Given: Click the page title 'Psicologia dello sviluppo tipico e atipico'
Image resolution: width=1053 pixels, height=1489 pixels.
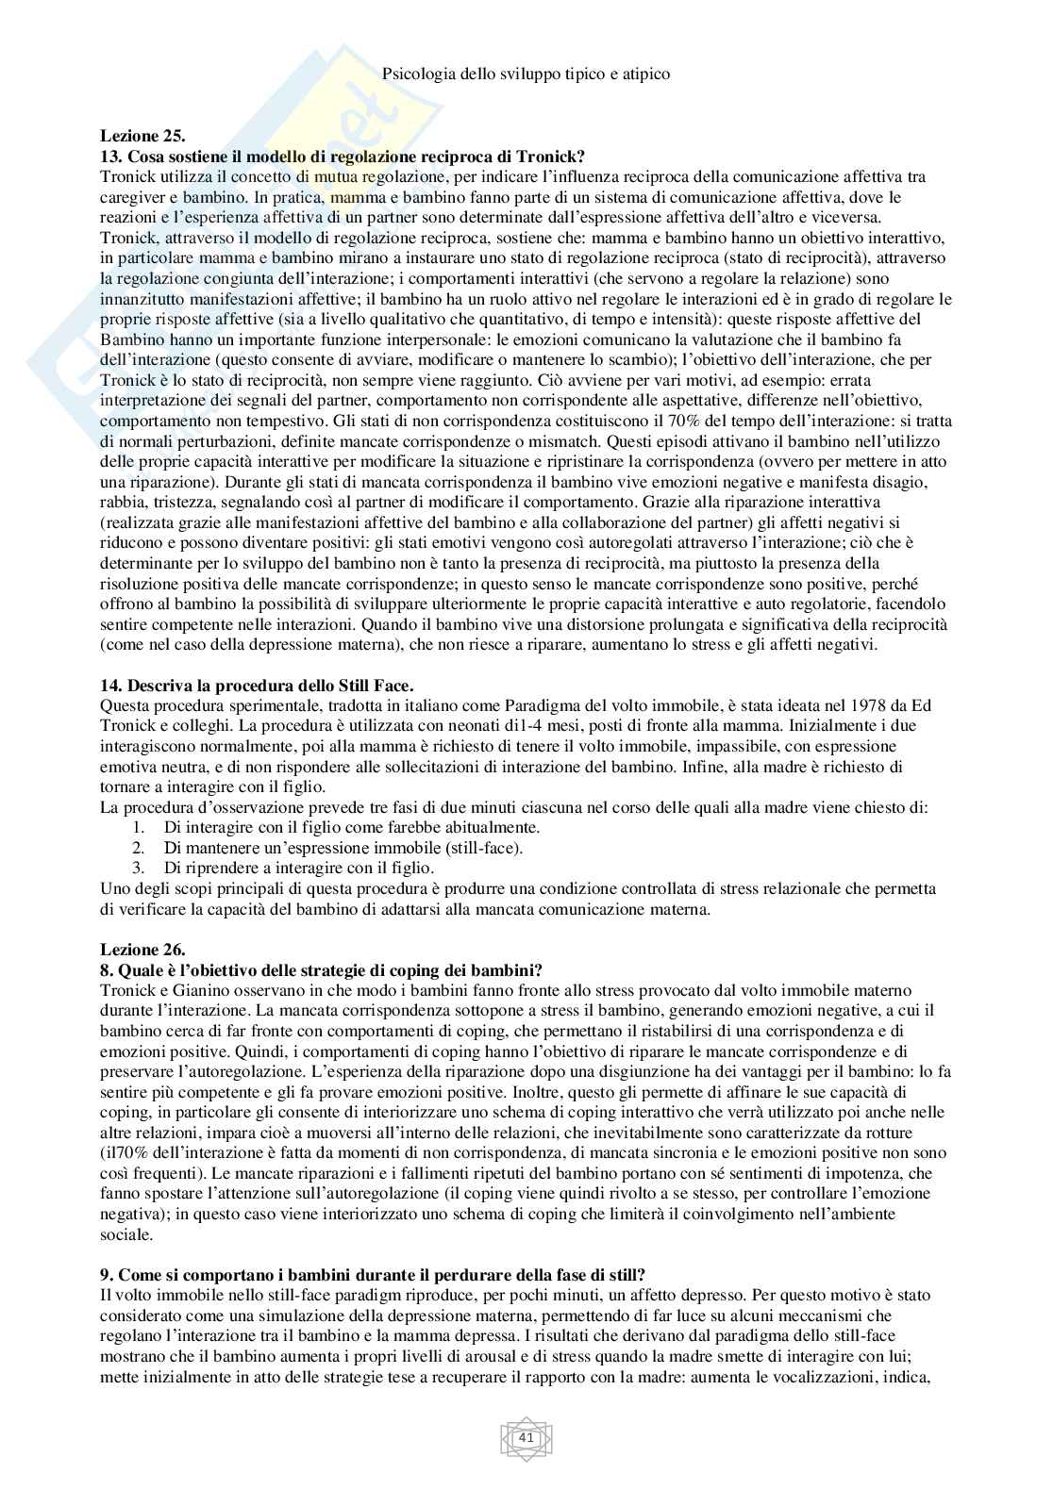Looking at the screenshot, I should [526, 73].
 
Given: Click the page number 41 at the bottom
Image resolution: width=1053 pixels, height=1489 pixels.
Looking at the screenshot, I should [526, 1438].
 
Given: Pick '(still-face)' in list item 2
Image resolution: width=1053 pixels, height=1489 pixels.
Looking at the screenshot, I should [486, 847].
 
